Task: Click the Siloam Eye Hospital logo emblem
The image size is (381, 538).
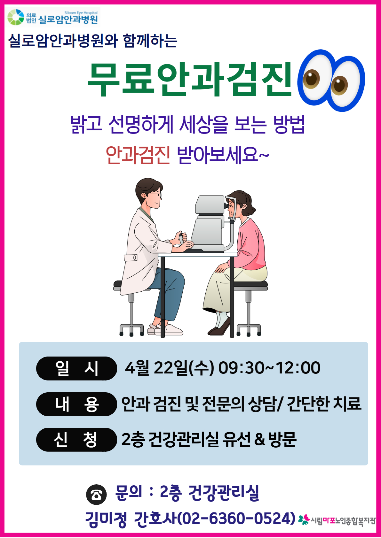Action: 16,17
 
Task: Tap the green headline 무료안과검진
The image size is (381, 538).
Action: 190,79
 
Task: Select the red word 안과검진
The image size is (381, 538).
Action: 138,156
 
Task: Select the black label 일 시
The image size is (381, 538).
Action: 76,368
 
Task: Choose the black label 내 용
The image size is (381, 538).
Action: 76,404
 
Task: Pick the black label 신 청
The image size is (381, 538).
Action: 76,440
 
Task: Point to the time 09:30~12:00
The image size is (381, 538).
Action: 269,368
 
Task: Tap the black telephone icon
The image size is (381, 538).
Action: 96,495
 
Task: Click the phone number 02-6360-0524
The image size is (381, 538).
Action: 236,518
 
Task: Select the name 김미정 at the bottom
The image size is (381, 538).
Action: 106,519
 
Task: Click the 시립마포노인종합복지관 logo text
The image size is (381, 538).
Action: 343,521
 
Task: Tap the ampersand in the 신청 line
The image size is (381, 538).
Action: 259,439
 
